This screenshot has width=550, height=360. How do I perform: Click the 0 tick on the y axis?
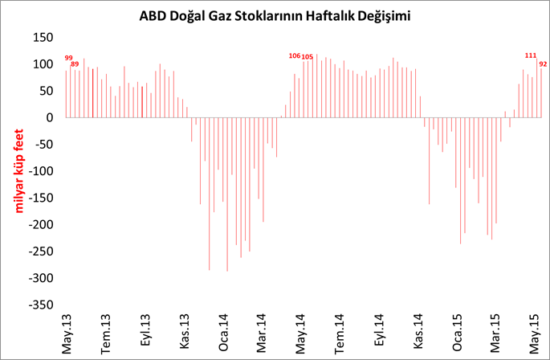tap(49, 117)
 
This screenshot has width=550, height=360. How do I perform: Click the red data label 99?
tap(68, 58)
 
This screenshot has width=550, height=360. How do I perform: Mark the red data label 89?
tap(75, 63)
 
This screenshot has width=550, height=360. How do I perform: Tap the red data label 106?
tap(294, 55)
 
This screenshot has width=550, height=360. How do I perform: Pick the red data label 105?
tap(307, 57)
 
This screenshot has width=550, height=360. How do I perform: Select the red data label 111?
tap(530, 55)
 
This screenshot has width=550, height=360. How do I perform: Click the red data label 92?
tap(543, 63)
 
